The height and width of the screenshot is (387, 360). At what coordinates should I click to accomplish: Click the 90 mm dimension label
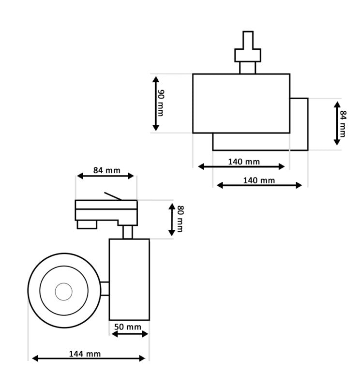(161, 103)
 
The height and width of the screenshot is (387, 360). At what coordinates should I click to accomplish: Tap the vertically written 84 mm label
(343, 123)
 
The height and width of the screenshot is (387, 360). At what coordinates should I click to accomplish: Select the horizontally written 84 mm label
(106, 170)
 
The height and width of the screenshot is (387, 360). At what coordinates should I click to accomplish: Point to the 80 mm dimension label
(180, 219)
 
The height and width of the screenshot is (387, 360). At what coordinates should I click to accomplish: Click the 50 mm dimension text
(128, 327)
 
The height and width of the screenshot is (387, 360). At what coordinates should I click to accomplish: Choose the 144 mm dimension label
(85, 354)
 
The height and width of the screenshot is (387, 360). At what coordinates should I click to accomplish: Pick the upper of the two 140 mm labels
(244, 162)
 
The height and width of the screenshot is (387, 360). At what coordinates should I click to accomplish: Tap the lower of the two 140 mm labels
(259, 180)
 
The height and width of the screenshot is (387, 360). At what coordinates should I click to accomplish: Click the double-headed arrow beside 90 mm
(155, 103)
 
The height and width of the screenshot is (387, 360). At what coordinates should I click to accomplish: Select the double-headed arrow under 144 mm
(89, 358)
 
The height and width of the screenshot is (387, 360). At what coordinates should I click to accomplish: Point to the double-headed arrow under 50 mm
(129, 334)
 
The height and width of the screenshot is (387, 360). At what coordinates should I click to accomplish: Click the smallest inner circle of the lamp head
(63, 291)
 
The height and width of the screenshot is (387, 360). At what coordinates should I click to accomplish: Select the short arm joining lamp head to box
(105, 289)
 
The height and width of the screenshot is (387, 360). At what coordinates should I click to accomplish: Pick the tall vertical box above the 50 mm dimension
(129, 279)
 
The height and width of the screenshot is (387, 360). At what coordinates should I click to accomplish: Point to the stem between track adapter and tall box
(128, 232)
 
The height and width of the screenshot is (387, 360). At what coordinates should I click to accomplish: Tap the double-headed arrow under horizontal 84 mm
(105, 176)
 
